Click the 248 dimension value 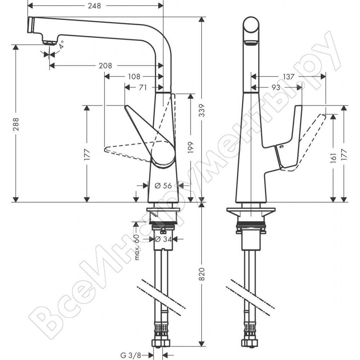(x=94, y=6)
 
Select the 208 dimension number (x=105, y=66)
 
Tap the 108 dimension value (x=134, y=76)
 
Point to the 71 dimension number (x=143, y=87)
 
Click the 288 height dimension (x=16, y=124)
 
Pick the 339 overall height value (x=202, y=111)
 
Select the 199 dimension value (x=190, y=148)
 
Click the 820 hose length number (x=202, y=274)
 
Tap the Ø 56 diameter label (x=163, y=185)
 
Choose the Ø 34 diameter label (x=163, y=239)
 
